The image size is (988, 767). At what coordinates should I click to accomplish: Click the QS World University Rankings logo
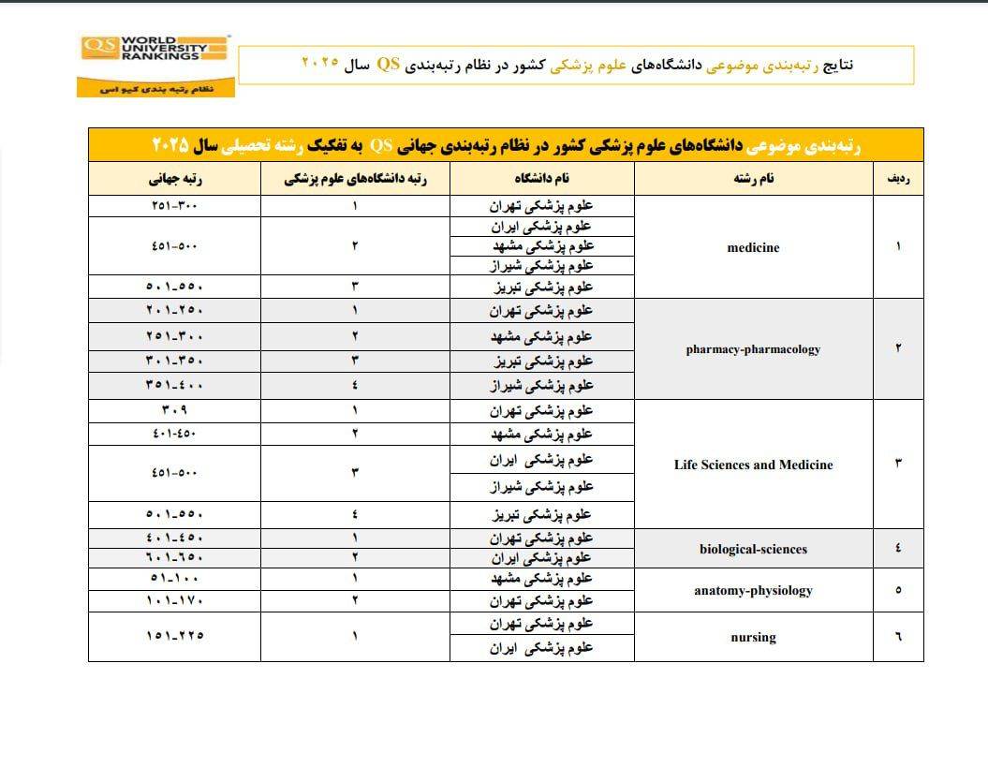point(155,65)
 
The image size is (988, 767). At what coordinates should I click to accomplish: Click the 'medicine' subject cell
point(753,248)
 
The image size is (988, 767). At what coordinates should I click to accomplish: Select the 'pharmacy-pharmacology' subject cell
point(753,349)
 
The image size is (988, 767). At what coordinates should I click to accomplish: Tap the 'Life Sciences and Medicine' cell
point(753,465)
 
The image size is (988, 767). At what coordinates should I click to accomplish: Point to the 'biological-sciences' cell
point(753,549)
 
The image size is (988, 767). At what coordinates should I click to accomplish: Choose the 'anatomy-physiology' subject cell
point(753,590)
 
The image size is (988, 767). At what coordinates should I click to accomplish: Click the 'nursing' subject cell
point(753,637)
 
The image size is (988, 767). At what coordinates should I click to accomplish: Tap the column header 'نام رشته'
point(754,179)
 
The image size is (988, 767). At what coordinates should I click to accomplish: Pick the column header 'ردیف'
point(897,179)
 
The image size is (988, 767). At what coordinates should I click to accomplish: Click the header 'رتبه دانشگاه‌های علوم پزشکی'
point(356,179)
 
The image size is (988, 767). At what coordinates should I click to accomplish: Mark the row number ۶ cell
point(898,637)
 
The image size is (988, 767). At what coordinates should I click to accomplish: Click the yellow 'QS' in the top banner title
point(389,65)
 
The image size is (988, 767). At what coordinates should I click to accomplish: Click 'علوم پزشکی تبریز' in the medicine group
point(542,287)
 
